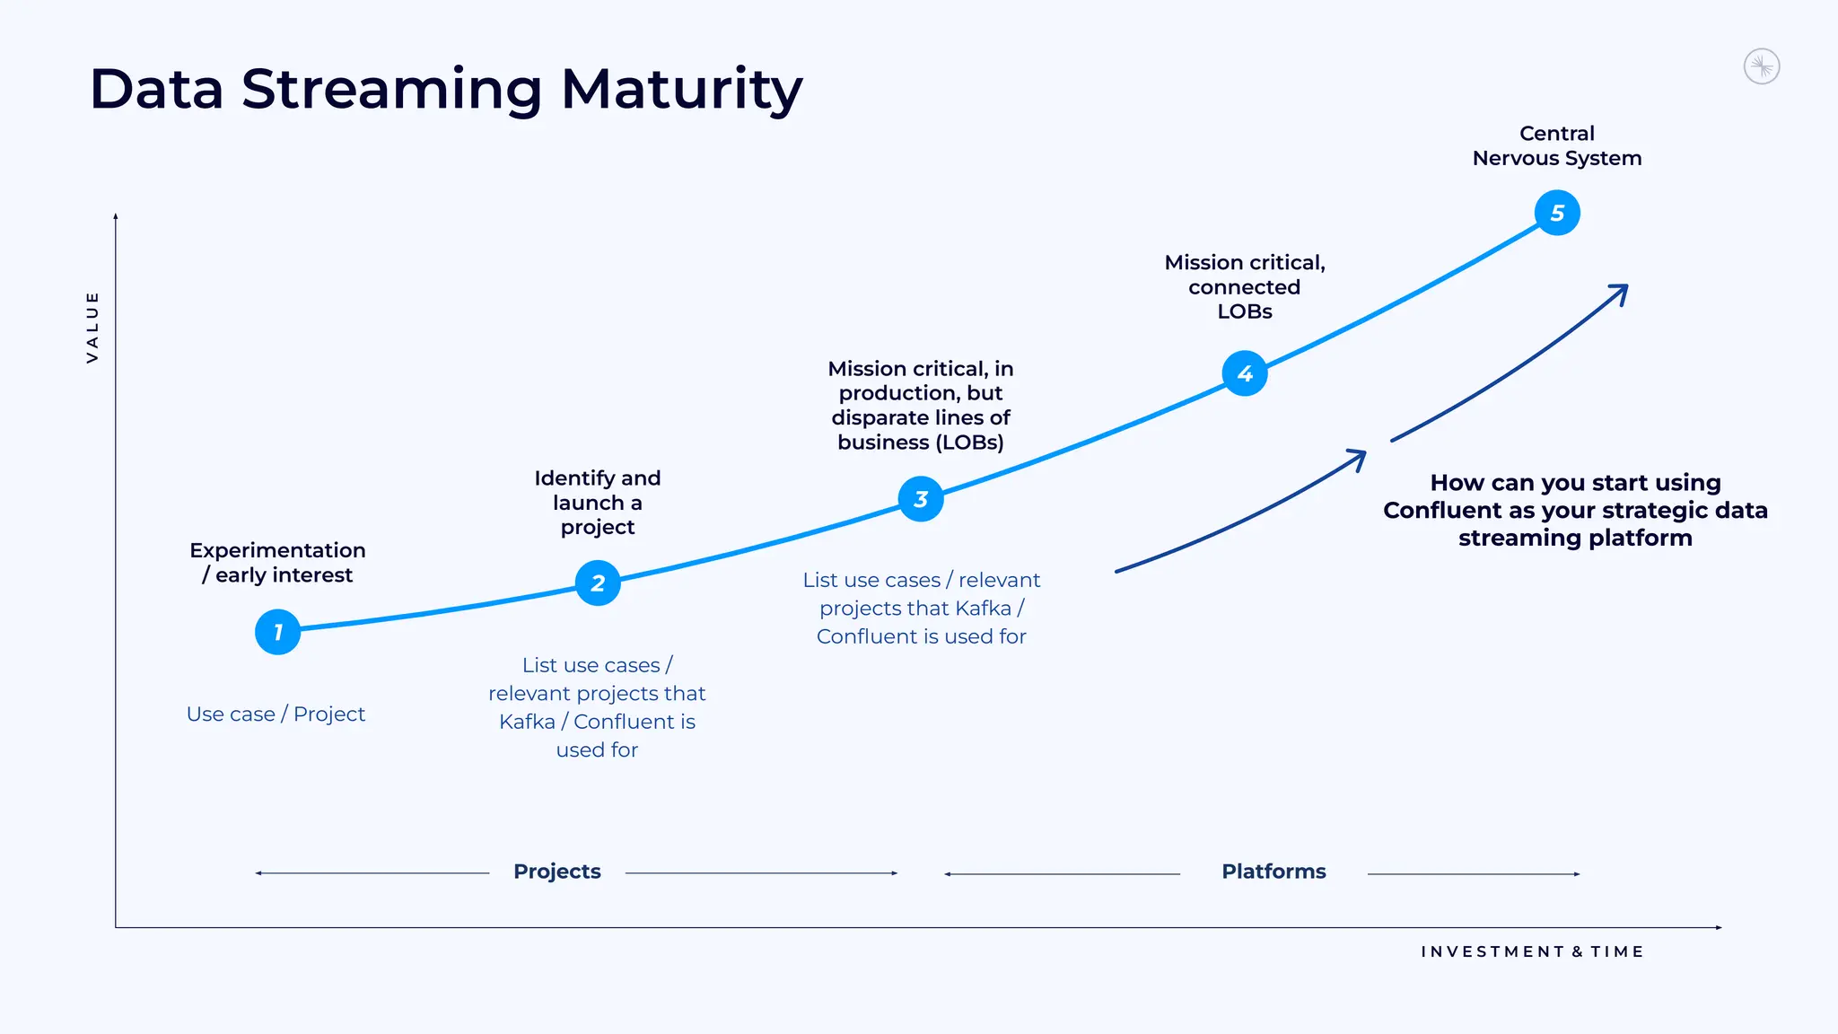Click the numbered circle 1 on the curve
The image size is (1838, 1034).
(277, 632)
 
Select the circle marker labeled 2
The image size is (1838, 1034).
(598, 583)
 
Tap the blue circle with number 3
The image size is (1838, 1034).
(921, 499)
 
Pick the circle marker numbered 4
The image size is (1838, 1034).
(1245, 373)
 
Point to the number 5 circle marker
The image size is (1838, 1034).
(1557, 213)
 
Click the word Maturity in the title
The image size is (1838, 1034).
(681, 89)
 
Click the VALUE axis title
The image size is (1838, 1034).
(92, 327)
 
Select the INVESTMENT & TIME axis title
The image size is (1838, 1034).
(1532, 951)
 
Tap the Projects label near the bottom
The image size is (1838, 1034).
(556, 872)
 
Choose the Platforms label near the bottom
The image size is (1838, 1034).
(1273, 872)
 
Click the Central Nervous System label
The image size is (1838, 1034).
(1557, 146)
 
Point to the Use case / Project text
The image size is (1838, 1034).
(276, 714)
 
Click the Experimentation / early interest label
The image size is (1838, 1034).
(277, 563)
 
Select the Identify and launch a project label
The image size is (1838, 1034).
(598, 503)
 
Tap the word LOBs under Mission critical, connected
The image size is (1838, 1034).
(1245, 311)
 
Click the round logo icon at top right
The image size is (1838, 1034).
(1762, 66)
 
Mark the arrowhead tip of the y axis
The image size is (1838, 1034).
(116, 216)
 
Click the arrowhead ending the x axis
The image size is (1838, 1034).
(1719, 927)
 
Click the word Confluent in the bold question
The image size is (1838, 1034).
(1444, 511)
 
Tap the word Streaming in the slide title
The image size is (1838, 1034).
(392, 89)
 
